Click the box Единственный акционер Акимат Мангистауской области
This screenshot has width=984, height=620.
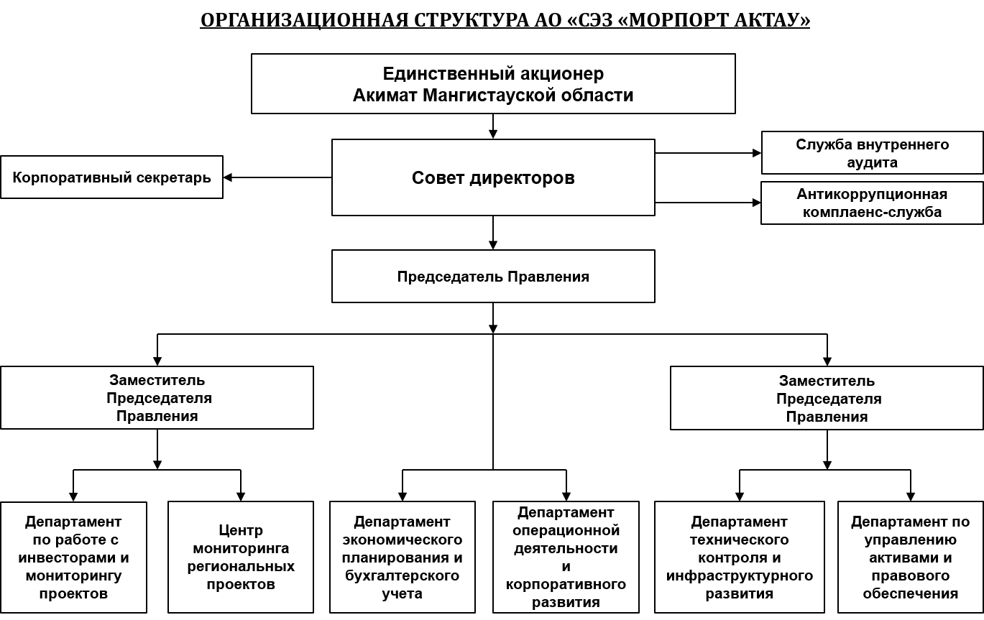pyautogui.click(x=493, y=83)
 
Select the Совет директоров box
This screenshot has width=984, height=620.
pyautogui.click(x=493, y=177)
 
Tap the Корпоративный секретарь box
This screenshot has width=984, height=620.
pyautogui.click(x=111, y=177)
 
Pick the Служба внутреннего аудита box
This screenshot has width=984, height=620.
pyautogui.click(x=872, y=153)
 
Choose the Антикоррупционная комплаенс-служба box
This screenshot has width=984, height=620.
pyautogui.click(x=872, y=203)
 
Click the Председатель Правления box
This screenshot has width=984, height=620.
pyautogui.click(x=493, y=277)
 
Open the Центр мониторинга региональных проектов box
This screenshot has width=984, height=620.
pyautogui.click(x=241, y=557)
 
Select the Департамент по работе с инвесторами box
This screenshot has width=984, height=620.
pyautogui.click(x=73, y=557)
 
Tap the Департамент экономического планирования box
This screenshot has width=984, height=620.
pyautogui.click(x=403, y=557)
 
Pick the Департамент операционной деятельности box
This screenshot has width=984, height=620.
pyautogui.click(x=566, y=557)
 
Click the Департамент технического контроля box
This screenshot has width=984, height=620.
pyautogui.click(x=740, y=557)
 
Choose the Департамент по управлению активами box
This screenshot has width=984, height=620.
pyautogui.click(x=910, y=557)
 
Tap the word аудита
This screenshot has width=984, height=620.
pyautogui.click(x=872, y=162)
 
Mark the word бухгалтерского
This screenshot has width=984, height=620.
pyautogui.click(x=403, y=576)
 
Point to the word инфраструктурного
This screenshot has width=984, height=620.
pyautogui.click(x=740, y=576)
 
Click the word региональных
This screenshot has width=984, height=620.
pyautogui.click(x=241, y=567)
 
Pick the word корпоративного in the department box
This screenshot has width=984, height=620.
pyautogui.click(x=566, y=585)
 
